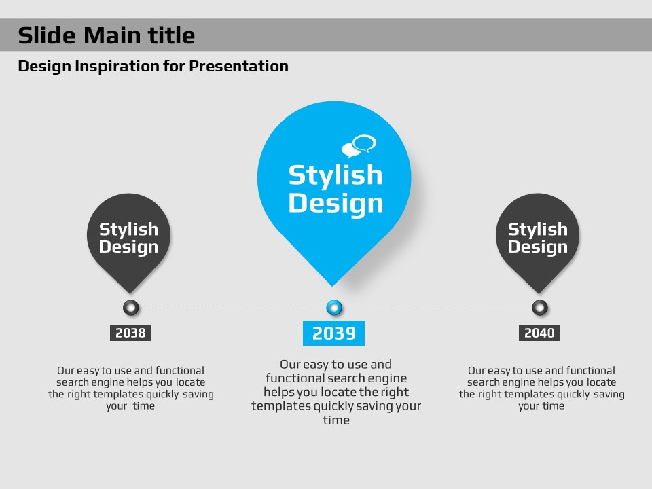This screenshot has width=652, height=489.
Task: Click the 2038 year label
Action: (x=130, y=333)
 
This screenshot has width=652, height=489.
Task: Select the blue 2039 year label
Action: (x=334, y=333)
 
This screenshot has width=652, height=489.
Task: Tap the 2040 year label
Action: (x=539, y=333)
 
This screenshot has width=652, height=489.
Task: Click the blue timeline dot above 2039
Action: (x=334, y=308)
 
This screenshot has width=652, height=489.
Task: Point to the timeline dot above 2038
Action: (x=131, y=308)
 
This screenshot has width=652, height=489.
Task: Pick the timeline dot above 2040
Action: (x=540, y=308)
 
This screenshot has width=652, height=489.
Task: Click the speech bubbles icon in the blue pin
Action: (x=359, y=146)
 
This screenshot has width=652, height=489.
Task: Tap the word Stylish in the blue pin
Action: (x=336, y=175)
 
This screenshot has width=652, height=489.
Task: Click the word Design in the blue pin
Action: (x=336, y=203)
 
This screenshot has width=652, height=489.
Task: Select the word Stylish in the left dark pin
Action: (x=128, y=230)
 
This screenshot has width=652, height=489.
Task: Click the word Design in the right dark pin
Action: (x=538, y=247)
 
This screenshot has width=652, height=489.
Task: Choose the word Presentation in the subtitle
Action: (x=238, y=66)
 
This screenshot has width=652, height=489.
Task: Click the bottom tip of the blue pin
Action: (x=332, y=286)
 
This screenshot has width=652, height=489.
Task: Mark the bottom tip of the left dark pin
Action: (x=130, y=293)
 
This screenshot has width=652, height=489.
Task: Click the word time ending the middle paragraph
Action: (x=336, y=420)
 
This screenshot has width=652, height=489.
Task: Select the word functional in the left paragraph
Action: (x=179, y=370)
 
